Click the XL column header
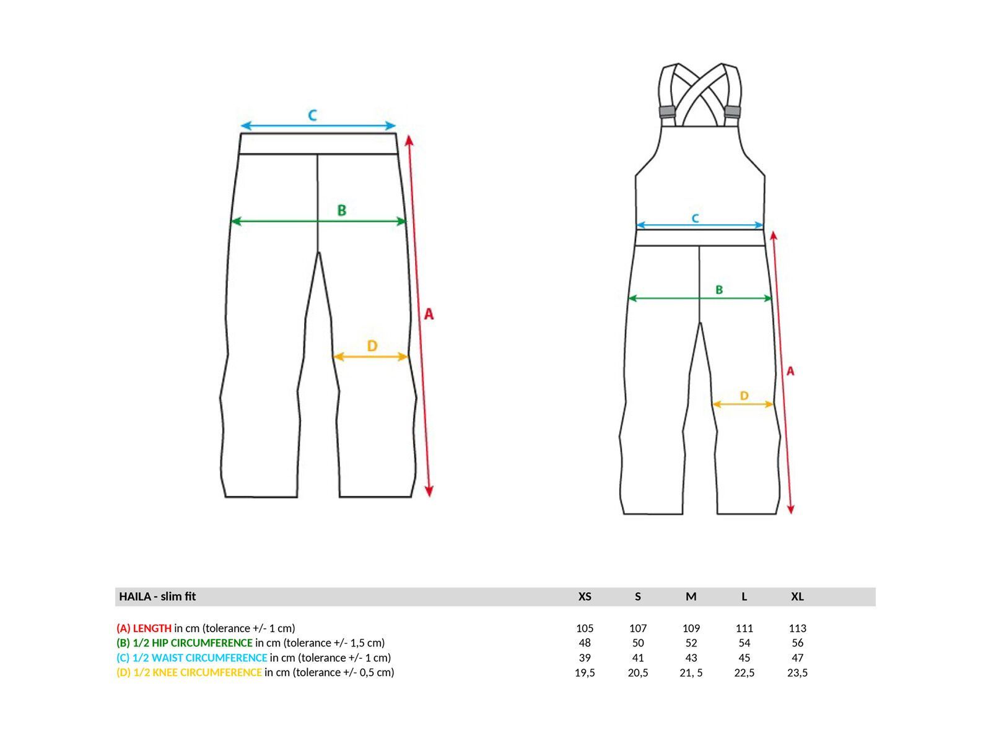pos(797,596)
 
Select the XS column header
pos(584,596)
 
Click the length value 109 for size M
pos(691,628)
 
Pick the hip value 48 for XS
pos(584,643)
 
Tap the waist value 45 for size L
pos(744,658)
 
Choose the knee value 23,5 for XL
pos(797,672)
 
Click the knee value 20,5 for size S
pos(637,672)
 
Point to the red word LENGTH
pos(152,628)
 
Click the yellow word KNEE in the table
pos(165,672)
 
